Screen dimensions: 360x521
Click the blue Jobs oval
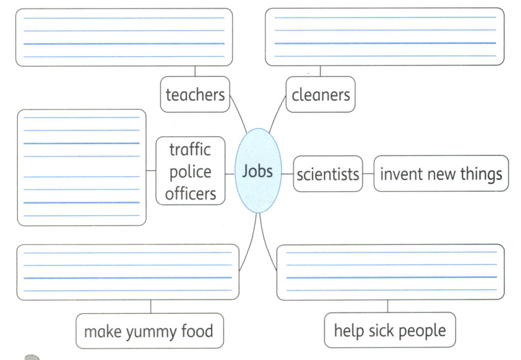[x=258, y=171]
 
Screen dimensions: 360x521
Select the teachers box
[x=195, y=95]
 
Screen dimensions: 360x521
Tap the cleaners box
[x=320, y=95]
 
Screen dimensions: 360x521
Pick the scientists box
[x=328, y=174]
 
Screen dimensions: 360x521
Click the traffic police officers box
[x=190, y=171]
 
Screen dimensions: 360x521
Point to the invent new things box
[x=441, y=174]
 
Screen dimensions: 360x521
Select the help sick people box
[x=389, y=330]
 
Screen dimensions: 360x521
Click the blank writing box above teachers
[x=124, y=37]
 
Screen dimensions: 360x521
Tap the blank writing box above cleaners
[x=385, y=37]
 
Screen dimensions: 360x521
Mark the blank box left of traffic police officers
[x=81, y=167]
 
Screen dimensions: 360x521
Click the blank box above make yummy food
[x=128, y=272]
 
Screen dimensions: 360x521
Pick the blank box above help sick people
[x=391, y=272]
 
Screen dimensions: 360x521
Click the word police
[x=190, y=172]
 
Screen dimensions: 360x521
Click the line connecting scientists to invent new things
[x=368, y=174]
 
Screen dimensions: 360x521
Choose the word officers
[x=190, y=193]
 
